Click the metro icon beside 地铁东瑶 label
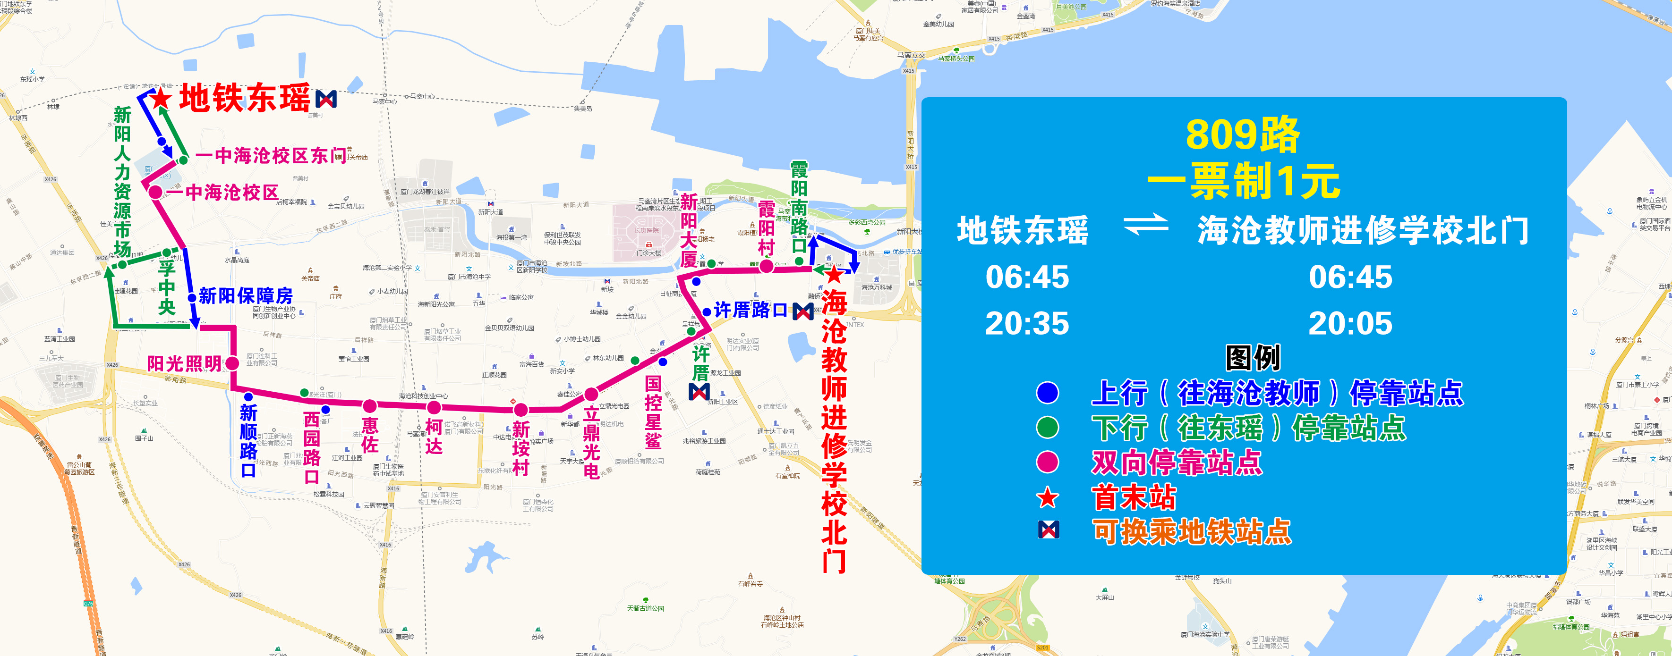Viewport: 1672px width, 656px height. click(x=326, y=99)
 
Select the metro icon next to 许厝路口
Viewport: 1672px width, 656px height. click(x=803, y=311)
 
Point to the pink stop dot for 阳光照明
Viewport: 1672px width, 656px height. click(x=232, y=363)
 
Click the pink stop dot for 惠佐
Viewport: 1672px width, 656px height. click(x=369, y=406)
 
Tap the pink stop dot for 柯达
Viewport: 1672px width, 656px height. click(x=434, y=407)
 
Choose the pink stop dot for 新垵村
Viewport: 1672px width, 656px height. click(x=520, y=410)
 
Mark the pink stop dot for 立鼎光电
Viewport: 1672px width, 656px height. click(x=591, y=394)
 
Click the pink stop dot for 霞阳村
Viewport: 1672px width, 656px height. click(x=766, y=266)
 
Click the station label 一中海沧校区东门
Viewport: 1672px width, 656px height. click(x=271, y=156)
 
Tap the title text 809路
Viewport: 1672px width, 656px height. click(x=1243, y=135)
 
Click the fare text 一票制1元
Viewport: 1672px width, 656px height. click(x=1243, y=181)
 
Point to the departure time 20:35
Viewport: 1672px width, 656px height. click(x=1027, y=323)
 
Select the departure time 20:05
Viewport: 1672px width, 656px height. click(x=1350, y=323)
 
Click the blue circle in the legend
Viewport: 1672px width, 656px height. click(x=1048, y=393)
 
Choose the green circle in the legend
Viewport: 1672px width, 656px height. click(x=1048, y=428)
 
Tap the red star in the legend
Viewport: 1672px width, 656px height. click(x=1048, y=498)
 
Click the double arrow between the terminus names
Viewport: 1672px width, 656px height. click(x=1146, y=226)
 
